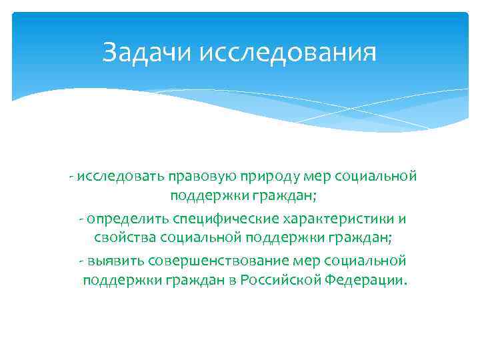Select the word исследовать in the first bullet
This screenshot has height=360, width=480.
point(111,177)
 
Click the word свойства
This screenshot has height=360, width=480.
point(117,239)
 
